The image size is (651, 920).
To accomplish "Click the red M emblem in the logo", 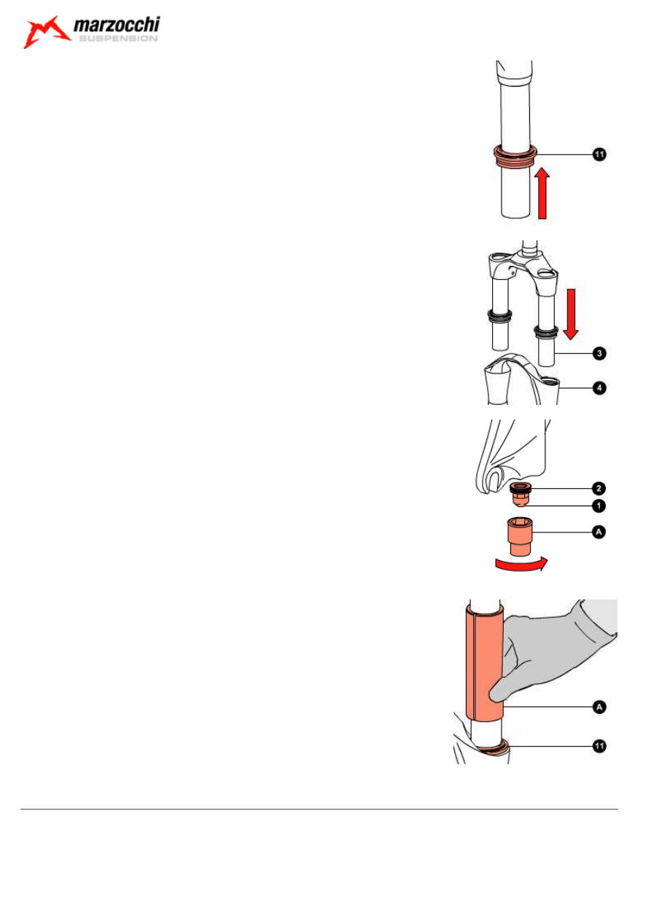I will point(47,34).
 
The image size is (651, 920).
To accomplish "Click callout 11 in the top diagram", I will point(598,154).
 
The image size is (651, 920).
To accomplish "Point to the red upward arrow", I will point(541,193).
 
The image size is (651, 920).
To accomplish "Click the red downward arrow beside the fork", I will point(571,313).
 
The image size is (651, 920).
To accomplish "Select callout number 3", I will point(598,353).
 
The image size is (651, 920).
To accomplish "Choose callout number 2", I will point(598,487).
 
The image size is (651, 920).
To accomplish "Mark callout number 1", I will point(598,504).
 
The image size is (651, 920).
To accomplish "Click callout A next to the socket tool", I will point(598,533).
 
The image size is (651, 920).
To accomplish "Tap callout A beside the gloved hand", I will point(598,707).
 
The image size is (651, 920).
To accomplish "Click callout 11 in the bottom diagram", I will point(598,746).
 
